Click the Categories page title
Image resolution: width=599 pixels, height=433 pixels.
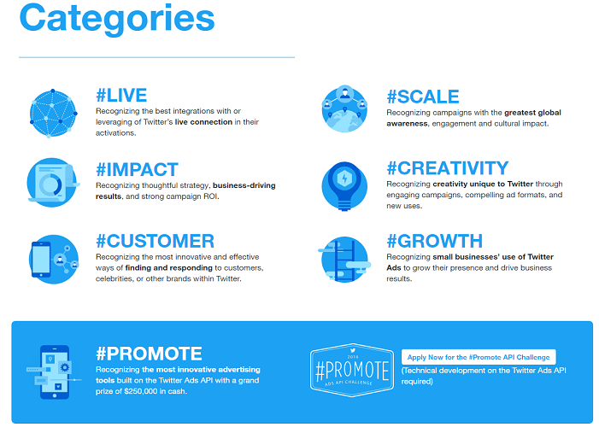tap(117, 20)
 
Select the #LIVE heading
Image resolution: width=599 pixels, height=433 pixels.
tap(121, 96)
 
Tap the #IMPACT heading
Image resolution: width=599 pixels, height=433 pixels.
tap(137, 169)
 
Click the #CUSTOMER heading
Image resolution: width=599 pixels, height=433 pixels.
tap(155, 242)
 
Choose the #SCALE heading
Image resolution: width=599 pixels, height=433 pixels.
tap(422, 97)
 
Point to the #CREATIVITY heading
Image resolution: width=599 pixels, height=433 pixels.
tap(447, 168)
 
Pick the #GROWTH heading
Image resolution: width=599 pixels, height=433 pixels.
tap(434, 242)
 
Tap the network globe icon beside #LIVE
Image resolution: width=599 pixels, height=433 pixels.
tap(53, 113)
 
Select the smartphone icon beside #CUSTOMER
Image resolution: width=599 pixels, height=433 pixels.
tap(53, 258)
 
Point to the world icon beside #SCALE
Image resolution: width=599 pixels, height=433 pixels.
tap(344, 112)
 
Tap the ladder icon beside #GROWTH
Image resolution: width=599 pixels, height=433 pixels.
tap(344, 258)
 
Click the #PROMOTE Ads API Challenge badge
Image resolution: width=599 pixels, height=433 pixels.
tap(352, 371)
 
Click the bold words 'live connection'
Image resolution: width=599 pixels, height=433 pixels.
tap(203, 122)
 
